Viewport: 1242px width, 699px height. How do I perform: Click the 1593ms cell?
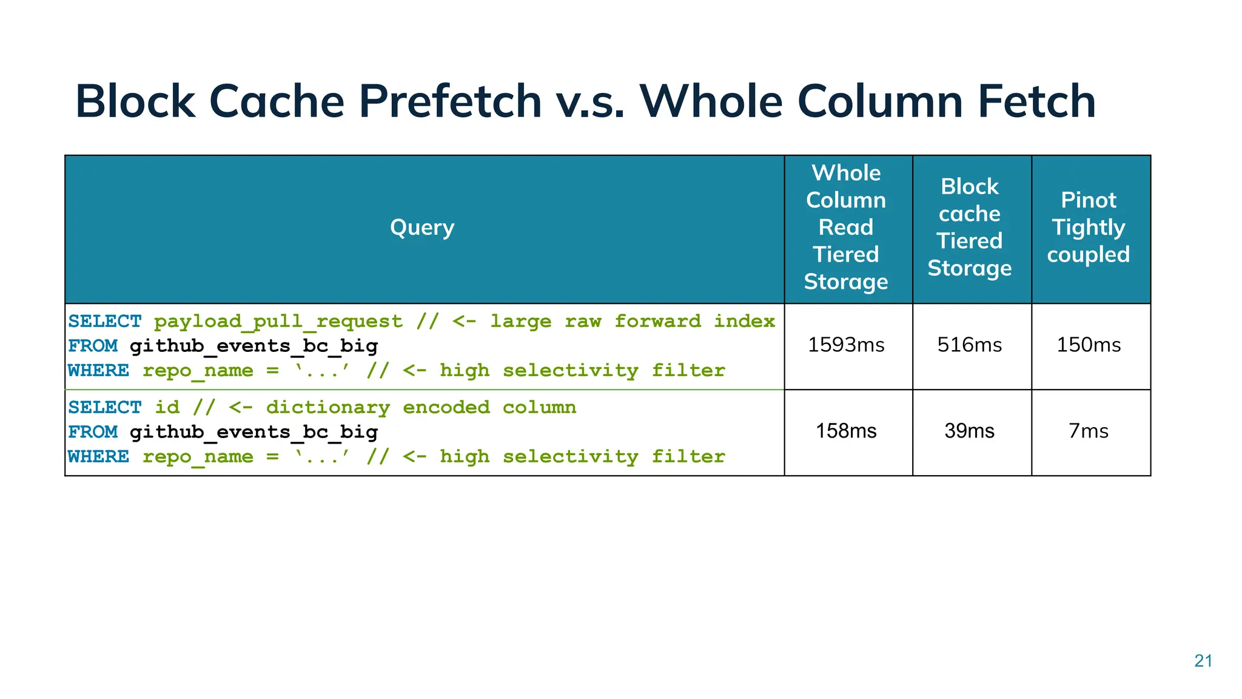(x=846, y=345)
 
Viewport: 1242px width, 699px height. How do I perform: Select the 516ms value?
(x=970, y=345)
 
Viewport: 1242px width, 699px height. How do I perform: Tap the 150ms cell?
(x=1089, y=345)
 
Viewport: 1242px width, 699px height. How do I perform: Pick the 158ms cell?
(x=846, y=431)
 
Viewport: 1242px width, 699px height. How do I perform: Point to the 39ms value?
(x=970, y=431)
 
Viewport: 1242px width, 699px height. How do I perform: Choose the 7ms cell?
(x=1089, y=431)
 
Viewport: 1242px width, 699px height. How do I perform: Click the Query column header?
(x=422, y=228)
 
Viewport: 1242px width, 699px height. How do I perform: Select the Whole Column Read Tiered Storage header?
(x=846, y=228)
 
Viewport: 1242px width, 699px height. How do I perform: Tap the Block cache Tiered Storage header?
(x=970, y=228)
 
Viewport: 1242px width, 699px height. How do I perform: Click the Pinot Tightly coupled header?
(x=1089, y=228)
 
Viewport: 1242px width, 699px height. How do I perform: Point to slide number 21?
(x=1203, y=661)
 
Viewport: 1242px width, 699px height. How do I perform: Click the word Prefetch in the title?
(x=450, y=101)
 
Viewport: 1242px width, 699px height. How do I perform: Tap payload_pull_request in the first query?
(x=278, y=322)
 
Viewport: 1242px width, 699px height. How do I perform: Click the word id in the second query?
(x=167, y=407)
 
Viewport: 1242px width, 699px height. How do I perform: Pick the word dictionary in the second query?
(x=327, y=407)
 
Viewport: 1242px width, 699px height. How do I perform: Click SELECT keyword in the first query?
(x=105, y=321)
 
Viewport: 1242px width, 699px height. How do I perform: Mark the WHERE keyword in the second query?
(x=99, y=456)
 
